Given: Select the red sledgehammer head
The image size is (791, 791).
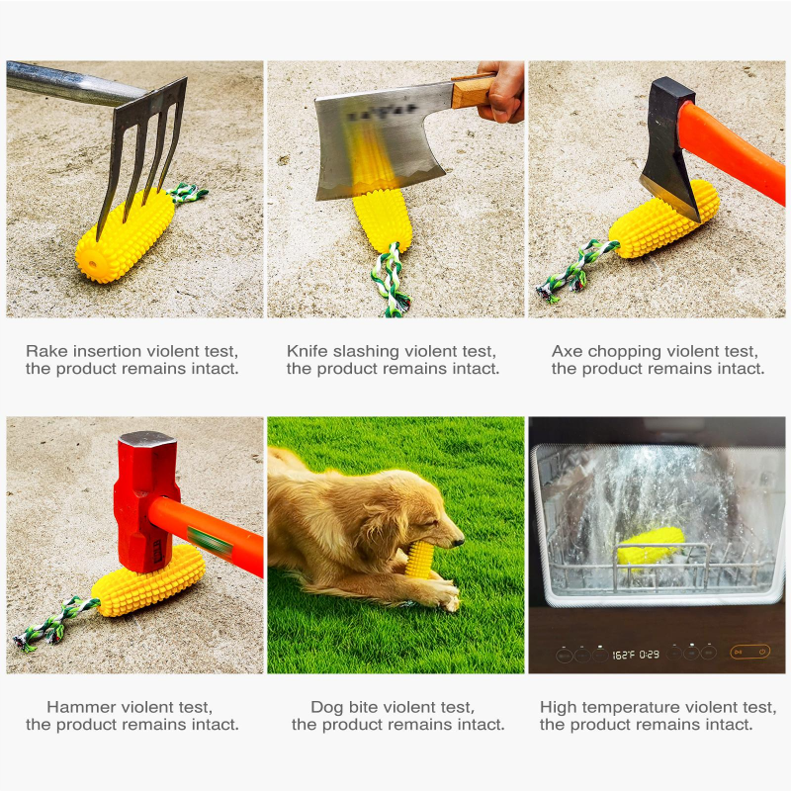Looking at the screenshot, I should coord(145,500).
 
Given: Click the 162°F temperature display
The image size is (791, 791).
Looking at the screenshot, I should coord(623,654).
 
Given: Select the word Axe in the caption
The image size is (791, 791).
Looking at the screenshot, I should coord(568,351).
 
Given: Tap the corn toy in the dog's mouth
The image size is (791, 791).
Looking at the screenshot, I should coord(420,560).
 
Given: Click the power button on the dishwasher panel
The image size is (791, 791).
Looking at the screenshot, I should coord(762,652).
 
